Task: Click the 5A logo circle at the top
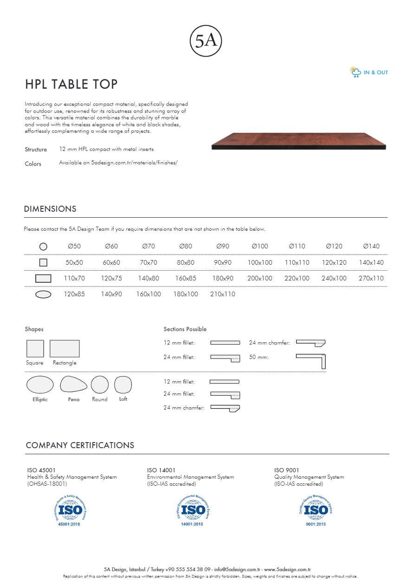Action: coord(206,41)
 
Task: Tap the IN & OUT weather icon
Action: coord(355,72)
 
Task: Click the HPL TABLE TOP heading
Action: coord(71,84)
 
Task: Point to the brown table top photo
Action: coord(299,141)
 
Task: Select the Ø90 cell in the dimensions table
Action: coord(223,246)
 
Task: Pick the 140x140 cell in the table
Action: coord(371,262)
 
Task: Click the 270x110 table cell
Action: coord(371,278)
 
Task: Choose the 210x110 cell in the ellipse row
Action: coord(223,294)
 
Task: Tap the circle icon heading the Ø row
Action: coord(43,247)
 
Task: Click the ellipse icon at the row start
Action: coord(43,294)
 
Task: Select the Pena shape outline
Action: coord(73,384)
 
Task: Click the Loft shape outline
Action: coord(123,384)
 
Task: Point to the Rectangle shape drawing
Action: coord(65,349)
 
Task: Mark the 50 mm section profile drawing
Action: coord(311,360)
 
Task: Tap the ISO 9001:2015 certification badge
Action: coord(316,509)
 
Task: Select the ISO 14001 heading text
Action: coord(161,470)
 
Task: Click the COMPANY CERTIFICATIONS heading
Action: coord(80,445)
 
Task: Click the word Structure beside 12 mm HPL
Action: coord(36,150)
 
